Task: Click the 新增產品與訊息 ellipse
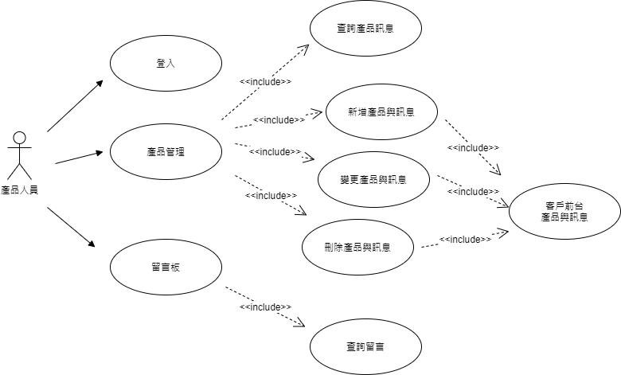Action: [x=381, y=111]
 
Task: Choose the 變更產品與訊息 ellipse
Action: [x=373, y=179]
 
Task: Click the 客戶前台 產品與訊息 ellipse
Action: [x=564, y=211]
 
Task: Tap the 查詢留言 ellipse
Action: [x=365, y=346]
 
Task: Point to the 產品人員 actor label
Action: [x=20, y=189]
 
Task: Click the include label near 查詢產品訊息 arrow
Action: [x=265, y=81]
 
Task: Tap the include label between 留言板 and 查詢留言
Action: [x=265, y=307]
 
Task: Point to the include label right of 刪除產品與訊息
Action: [x=465, y=239]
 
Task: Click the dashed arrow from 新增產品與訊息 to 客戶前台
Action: [x=473, y=148]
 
